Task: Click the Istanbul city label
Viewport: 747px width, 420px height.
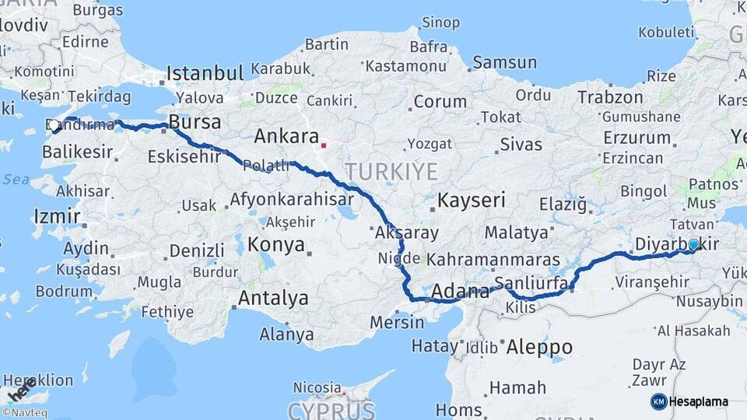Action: pyautogui.click(x=205, y=73)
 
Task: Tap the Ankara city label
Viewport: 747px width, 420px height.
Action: pyautogui.click(x=287, y=137)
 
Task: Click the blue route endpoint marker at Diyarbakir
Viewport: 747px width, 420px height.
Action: pyautogui.click(x=694, y=244)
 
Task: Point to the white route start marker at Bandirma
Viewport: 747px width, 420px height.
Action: pyautogui.click(x=54, y=126)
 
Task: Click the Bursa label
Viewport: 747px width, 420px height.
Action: pyautogui.click(x=195, y=123)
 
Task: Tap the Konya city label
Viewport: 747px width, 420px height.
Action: pyautogui.click(x=275, y=245)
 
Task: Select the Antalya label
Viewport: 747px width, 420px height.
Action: pyautogui.click(x=272, y=298)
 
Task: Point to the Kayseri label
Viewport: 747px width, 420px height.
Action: pyautogui.click(x=472, y=200)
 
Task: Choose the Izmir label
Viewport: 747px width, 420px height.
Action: pyautogui.click(x=56, y=215)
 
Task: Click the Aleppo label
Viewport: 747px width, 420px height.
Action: pyautogui.click(x=539, y=347)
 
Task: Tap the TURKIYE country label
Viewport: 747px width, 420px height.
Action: pyautogui.click(x=391, y=171)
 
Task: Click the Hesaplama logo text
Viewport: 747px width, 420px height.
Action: pyautogui.click(x=698, y=402)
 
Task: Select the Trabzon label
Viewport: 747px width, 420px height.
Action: pyautogui.click(x=610, y=97)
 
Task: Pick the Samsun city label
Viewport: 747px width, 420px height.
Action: pyautogui.click(x=504, y=62)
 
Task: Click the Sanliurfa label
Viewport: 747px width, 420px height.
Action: pyautogui.click(x=531, y=283)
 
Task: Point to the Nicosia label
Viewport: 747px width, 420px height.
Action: pyautogui.click(x=317, y=387)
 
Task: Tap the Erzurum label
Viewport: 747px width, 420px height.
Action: pyautogui.click(x=637, y=138)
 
